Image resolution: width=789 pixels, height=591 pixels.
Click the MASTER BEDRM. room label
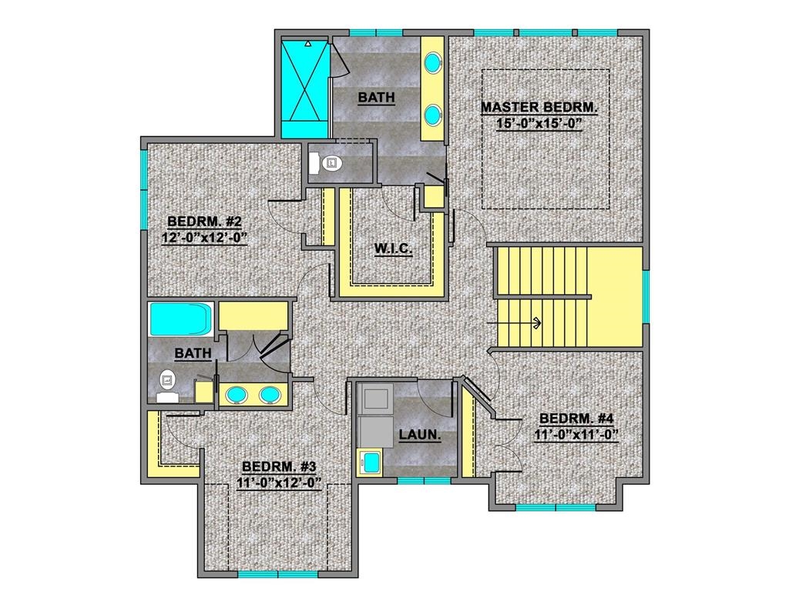(x=539, y=107)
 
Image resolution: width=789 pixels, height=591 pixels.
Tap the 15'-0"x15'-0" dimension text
(x=539, y=123)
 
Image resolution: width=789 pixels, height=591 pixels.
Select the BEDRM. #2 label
(x=204, y=221)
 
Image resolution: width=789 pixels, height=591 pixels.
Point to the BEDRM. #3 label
(x=279, y=466)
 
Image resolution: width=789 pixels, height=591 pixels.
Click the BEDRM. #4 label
(x=576, y=418)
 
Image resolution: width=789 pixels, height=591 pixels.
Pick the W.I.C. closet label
(x=393, y=249)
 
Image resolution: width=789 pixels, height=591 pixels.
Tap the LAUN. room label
(x=420, y=434)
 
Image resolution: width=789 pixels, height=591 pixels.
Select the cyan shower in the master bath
(x=304, y=89)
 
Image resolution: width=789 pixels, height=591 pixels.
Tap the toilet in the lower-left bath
(x=167, y=386)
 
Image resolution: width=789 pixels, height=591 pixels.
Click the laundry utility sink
(x=370, y=462)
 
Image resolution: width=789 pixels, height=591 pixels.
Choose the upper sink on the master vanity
(x=432, y=62)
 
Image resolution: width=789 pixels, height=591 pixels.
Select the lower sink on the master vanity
(x=432, y=115)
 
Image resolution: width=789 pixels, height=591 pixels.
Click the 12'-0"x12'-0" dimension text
(x=204, y=237)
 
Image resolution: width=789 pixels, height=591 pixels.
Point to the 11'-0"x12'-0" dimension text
(x=279, y=482)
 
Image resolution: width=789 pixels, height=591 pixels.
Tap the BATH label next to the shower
(x=376, y=97)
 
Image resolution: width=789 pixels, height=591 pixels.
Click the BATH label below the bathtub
(x=193, y=353)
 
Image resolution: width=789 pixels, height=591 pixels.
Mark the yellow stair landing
(x=615, y=296)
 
